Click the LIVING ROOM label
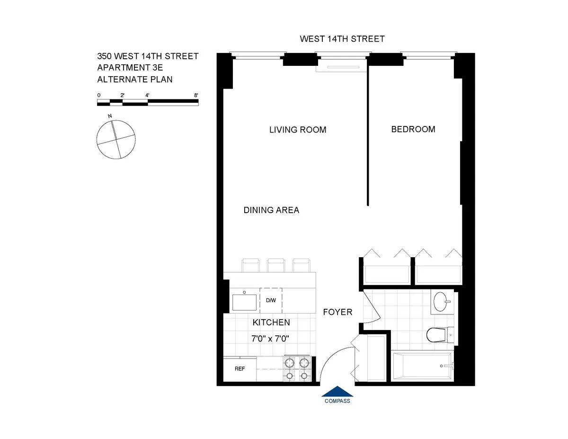298,130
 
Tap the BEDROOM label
413,129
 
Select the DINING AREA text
271,210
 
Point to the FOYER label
337,312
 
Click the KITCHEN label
271,323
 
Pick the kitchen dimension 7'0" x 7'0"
271,339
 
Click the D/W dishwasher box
271,300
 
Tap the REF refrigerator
240,369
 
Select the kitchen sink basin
244,302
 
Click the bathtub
422,366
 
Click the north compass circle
115,139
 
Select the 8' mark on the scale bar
196,95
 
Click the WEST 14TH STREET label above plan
342,39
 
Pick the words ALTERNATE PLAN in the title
134,80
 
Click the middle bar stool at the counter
275,265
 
